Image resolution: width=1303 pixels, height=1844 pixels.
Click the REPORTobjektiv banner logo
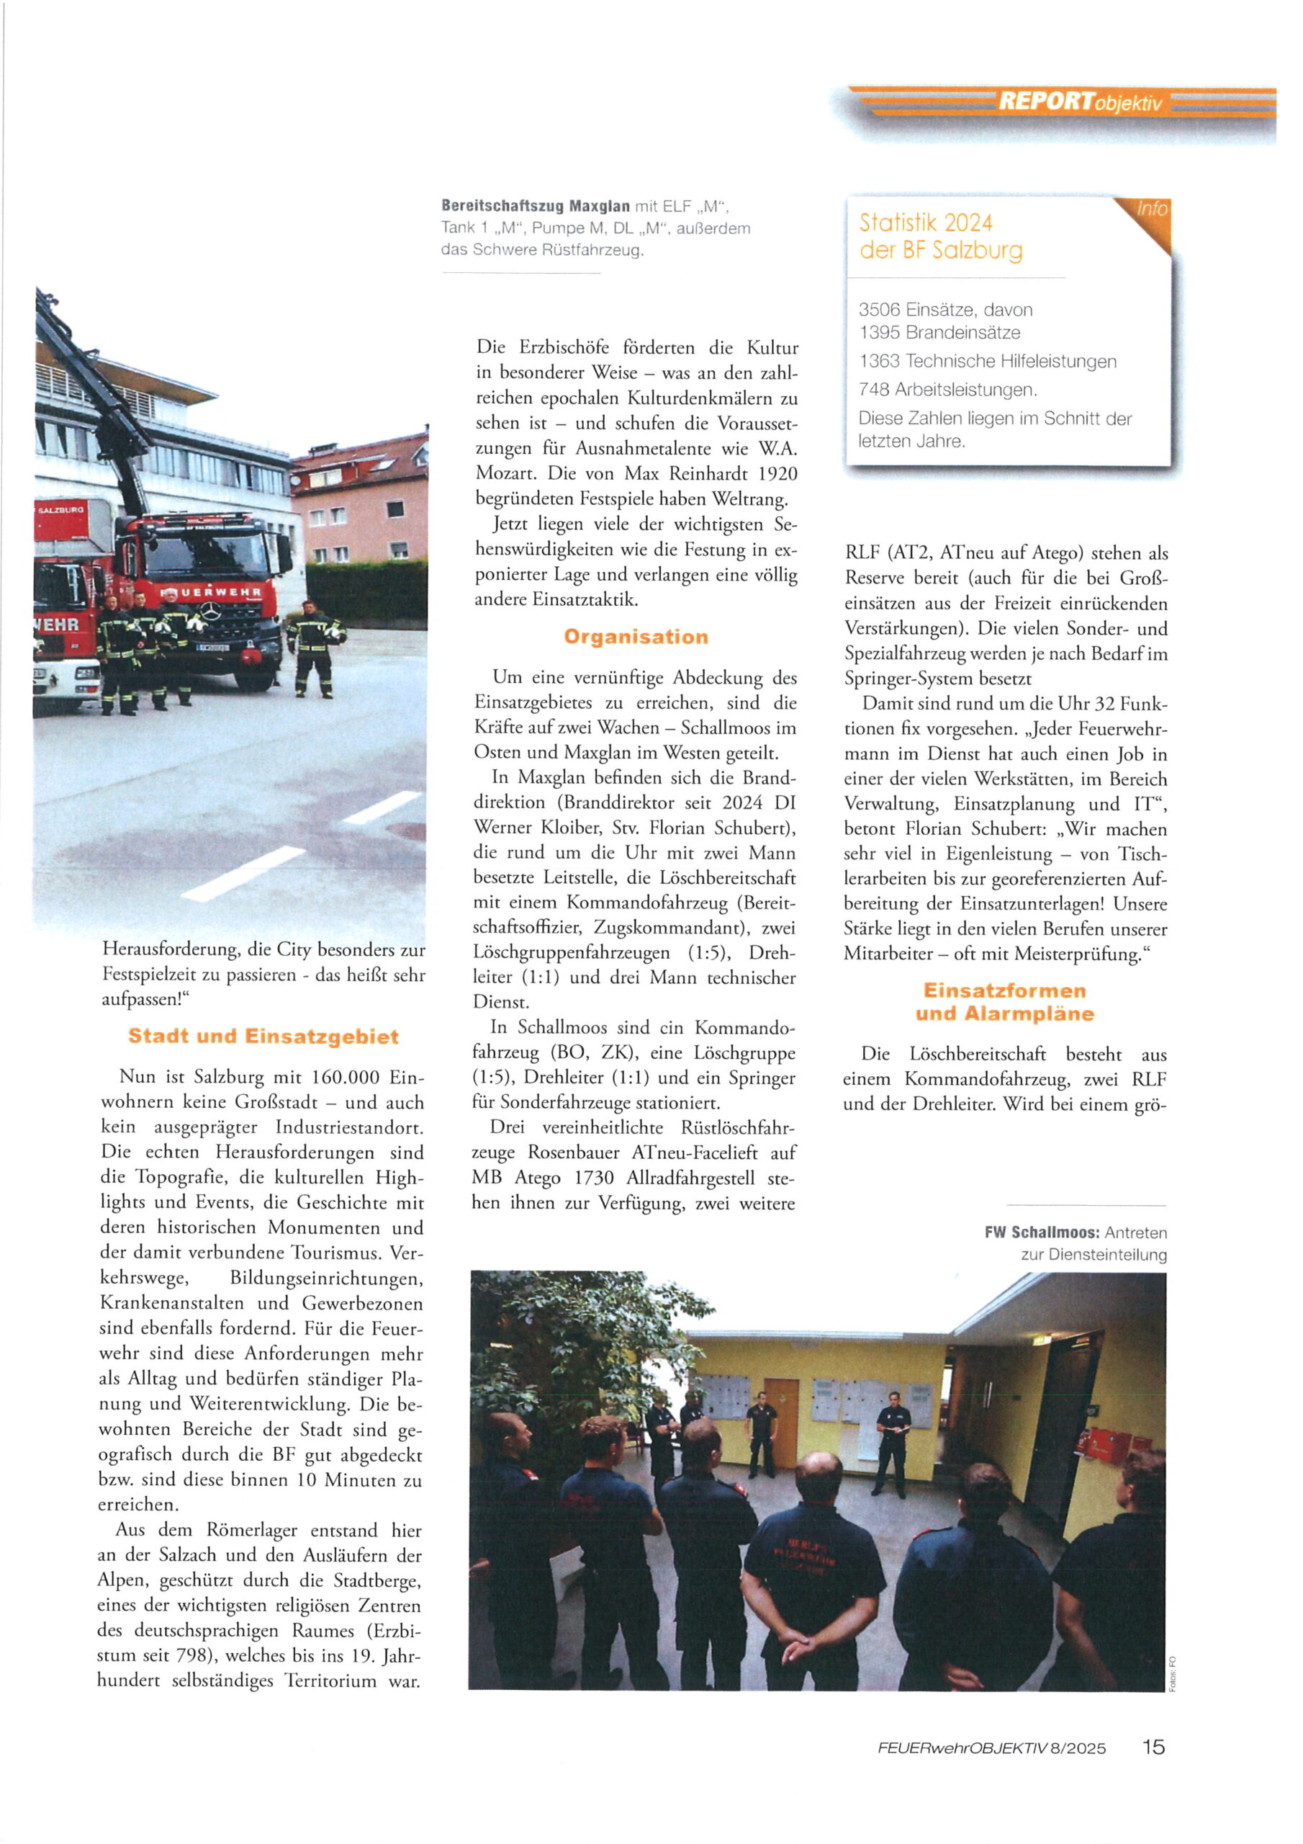[1080, 102]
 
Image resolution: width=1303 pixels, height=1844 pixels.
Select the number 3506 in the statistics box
[878, 310]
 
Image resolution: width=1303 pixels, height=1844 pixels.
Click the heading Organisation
[636, 637]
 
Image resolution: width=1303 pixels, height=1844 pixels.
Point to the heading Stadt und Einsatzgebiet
[263, 1036]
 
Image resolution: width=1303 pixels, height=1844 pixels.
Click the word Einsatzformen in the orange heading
[1004, 990]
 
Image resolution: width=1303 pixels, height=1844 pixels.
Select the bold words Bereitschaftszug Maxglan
[536, 207]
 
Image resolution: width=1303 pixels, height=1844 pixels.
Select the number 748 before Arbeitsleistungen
[873, 390]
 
